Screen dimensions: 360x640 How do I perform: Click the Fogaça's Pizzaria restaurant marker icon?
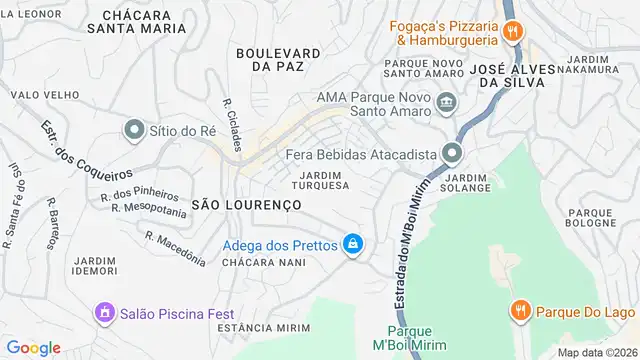(512, 31)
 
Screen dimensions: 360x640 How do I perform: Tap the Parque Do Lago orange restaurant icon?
(519, 310)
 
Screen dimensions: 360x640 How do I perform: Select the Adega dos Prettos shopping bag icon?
(352, 244)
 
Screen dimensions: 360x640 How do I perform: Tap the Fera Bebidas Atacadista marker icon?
(452, 154)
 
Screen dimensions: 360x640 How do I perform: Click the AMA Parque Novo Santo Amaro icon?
(446, 103)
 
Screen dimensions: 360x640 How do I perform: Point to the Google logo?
(33, 347)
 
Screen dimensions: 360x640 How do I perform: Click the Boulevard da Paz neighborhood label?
(278, 59)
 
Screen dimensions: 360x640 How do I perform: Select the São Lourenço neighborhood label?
(246, 204)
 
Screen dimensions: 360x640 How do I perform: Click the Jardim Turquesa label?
(320, 180)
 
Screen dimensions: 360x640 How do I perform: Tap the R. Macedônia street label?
(175, 249)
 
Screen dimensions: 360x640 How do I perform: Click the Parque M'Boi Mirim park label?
(409, 339)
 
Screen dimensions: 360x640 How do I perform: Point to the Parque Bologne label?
(591, 219)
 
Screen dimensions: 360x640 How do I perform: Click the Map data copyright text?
(596, 352)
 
